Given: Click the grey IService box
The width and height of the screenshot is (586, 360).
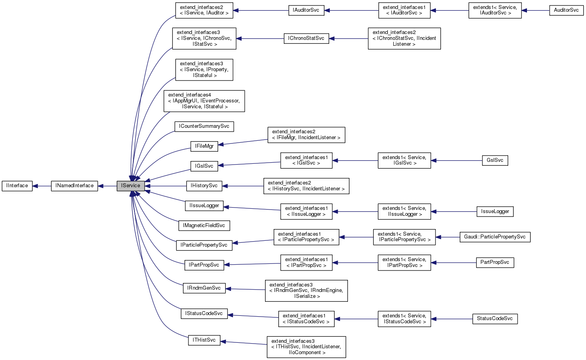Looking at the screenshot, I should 131,186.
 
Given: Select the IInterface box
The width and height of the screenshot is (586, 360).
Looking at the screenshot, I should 17,186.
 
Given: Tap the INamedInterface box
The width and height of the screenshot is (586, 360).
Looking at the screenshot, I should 74,186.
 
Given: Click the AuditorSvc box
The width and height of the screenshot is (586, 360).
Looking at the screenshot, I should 566,10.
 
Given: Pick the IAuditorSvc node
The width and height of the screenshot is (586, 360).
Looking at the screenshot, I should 306,10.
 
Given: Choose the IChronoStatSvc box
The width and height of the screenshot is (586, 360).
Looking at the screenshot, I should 306,38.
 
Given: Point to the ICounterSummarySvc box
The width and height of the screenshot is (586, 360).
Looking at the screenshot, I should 204,127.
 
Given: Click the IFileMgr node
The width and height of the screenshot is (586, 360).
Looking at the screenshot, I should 204,146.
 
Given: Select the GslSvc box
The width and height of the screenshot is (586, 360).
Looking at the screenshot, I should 495,160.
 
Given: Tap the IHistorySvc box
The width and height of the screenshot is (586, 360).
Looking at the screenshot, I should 204,186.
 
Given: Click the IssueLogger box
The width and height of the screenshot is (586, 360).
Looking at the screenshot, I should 495,211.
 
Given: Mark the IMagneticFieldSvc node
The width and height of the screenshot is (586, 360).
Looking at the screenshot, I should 204,226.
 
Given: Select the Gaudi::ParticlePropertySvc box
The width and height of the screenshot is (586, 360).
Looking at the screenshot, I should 495,237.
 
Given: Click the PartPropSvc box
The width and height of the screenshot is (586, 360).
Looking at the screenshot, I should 495,262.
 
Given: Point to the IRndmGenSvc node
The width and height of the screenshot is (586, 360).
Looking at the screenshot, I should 204,288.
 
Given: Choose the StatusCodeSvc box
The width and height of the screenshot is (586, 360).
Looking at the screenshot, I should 495,319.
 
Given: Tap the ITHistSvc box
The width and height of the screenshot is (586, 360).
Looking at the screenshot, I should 204,340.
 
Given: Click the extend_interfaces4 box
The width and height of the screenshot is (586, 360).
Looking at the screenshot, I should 204,101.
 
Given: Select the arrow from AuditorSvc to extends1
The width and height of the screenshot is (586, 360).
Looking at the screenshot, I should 536,11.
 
